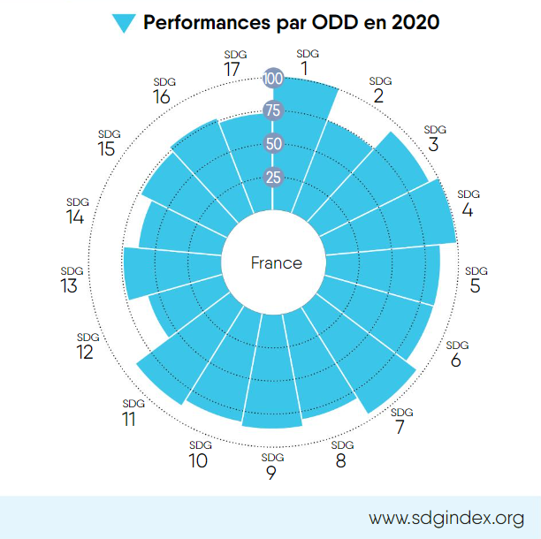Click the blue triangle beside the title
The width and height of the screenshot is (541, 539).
pyautogui.click(x=126, y=23)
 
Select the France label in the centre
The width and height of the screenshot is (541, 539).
pyautogui.click(x=276, y=263)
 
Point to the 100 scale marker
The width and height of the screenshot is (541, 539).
pyautogui.click(x=273, y=79)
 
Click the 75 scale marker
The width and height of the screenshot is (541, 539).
pyautogui.click(x=273, y=111)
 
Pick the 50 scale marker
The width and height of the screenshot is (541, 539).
pyautogui.click(x=273, y=144)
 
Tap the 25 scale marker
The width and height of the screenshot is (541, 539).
pyautogui.click(x=273, y=177)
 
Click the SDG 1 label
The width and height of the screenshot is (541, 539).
pyautogui.click(x=305, y=65)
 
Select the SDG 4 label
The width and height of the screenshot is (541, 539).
pyautogui.click(x=468, y=206)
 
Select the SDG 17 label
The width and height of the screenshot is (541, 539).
pyautogui.click(x=232, y=65)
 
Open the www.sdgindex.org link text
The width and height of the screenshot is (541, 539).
pyautogui.click(x=446, y=517)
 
